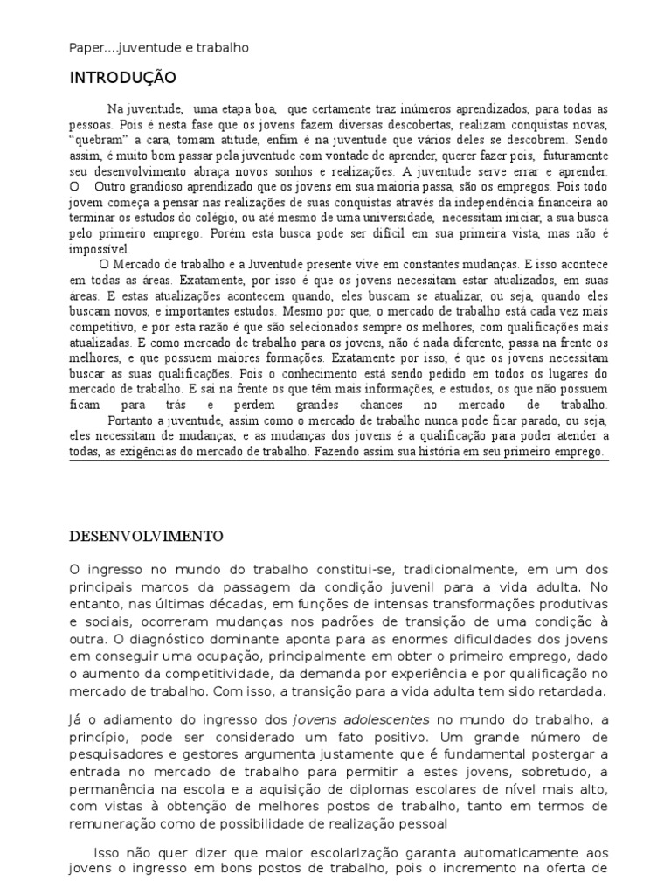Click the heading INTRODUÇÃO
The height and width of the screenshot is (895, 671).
(110, 78)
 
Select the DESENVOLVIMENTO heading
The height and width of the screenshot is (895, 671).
(146, 536)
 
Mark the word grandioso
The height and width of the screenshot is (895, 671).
(169, 186)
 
